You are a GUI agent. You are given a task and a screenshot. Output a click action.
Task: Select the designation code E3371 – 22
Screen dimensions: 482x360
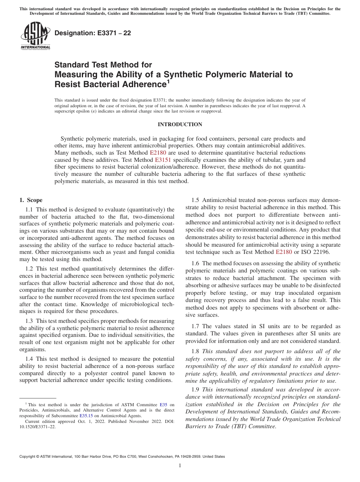(x=92, y=33)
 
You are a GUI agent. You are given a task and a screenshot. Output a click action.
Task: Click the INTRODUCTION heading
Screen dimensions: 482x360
(x=180, y=124)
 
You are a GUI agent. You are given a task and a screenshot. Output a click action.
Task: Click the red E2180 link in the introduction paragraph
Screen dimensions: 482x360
(x=158, y=153)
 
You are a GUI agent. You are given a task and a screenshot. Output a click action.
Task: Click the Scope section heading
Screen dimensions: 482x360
(x=31, y=200)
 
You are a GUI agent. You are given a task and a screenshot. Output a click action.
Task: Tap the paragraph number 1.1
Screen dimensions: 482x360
(x=30, y=209)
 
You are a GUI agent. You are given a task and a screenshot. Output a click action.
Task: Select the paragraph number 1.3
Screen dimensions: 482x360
(x=30, y=321)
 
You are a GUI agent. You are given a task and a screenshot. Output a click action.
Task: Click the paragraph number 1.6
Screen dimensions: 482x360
(x=196, y=263)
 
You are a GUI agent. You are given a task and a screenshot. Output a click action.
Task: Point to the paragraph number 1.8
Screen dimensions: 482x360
(x=196, y=351)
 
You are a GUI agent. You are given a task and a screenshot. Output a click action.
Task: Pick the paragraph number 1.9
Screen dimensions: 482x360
(x=196, y=390)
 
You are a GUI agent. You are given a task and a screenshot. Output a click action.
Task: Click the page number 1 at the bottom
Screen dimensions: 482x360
(x=180, y=466)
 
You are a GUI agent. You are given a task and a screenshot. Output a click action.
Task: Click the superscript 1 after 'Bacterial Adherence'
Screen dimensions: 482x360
(x=168, y=81)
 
